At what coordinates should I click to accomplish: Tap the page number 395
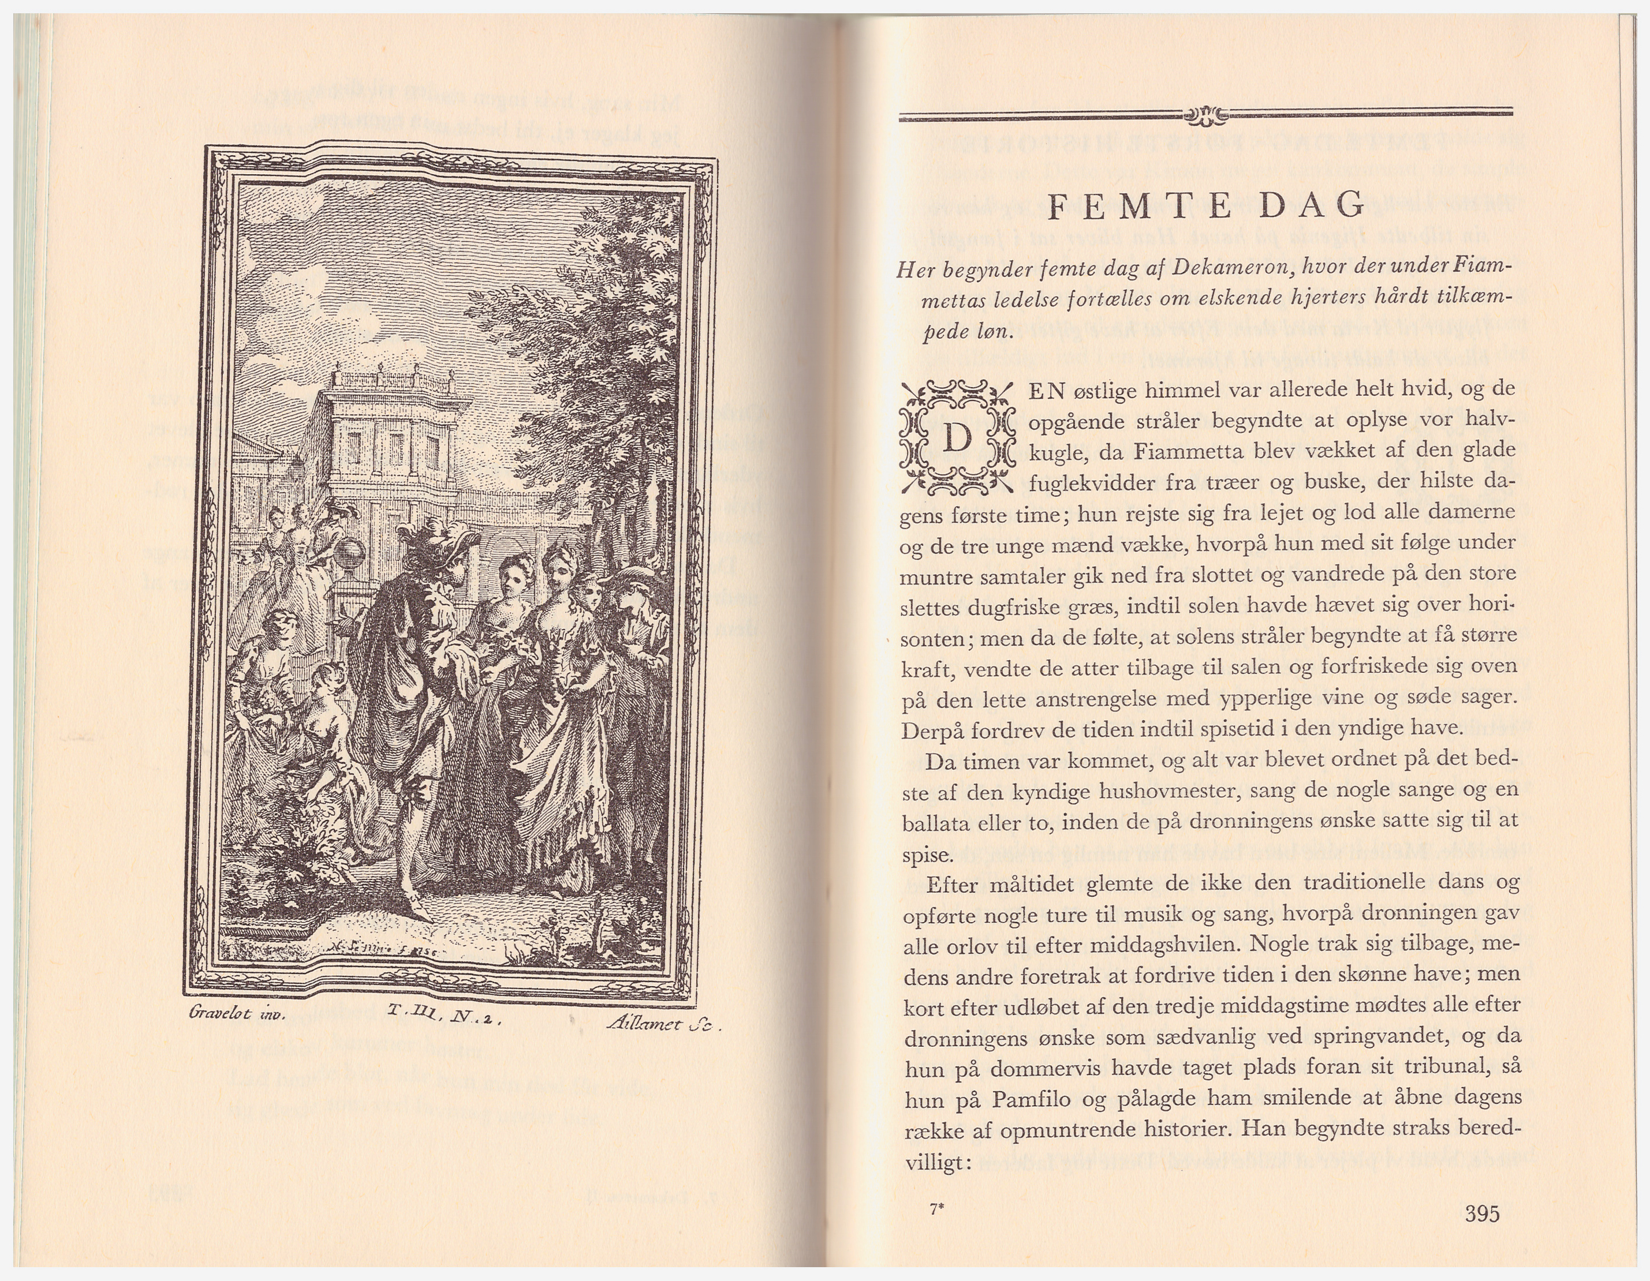click(x=1481, y=1214)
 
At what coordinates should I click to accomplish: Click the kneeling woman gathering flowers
click(x=323, y=718)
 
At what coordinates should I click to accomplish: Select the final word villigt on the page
click(x=937, y=1163)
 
